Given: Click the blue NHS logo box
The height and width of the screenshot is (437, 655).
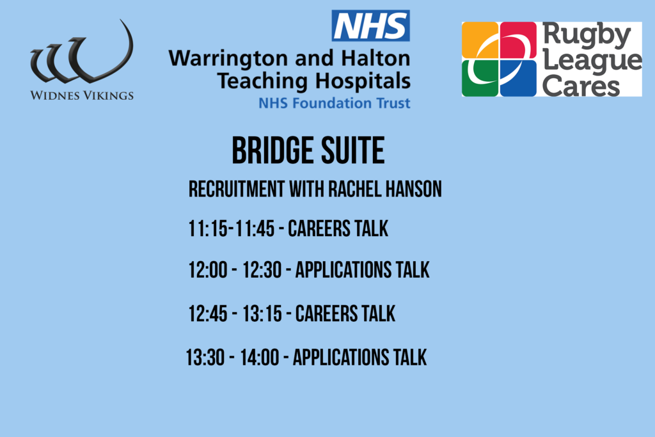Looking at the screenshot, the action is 370,26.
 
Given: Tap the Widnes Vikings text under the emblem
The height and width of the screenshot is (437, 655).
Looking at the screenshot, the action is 82,95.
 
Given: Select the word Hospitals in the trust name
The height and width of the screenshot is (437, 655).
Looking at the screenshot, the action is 363,81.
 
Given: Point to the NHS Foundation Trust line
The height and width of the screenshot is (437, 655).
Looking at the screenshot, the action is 334,103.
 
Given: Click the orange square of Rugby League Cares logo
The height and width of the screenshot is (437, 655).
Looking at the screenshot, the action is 480,40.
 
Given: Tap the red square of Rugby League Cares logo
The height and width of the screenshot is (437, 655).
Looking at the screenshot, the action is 518,40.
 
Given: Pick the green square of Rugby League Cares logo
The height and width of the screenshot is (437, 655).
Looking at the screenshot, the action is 480,78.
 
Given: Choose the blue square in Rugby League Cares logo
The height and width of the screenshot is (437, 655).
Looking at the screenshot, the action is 518,78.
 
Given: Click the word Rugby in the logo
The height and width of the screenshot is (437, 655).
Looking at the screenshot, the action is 587,36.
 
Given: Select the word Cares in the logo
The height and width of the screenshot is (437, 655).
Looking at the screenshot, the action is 581,86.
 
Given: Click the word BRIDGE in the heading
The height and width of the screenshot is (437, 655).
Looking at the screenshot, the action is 272,150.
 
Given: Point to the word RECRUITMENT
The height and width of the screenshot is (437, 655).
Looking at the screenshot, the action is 237,189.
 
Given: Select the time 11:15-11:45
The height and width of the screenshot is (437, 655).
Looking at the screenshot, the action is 232,228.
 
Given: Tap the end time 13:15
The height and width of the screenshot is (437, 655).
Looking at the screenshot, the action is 262,314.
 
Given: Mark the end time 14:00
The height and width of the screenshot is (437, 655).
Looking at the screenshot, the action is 260,358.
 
